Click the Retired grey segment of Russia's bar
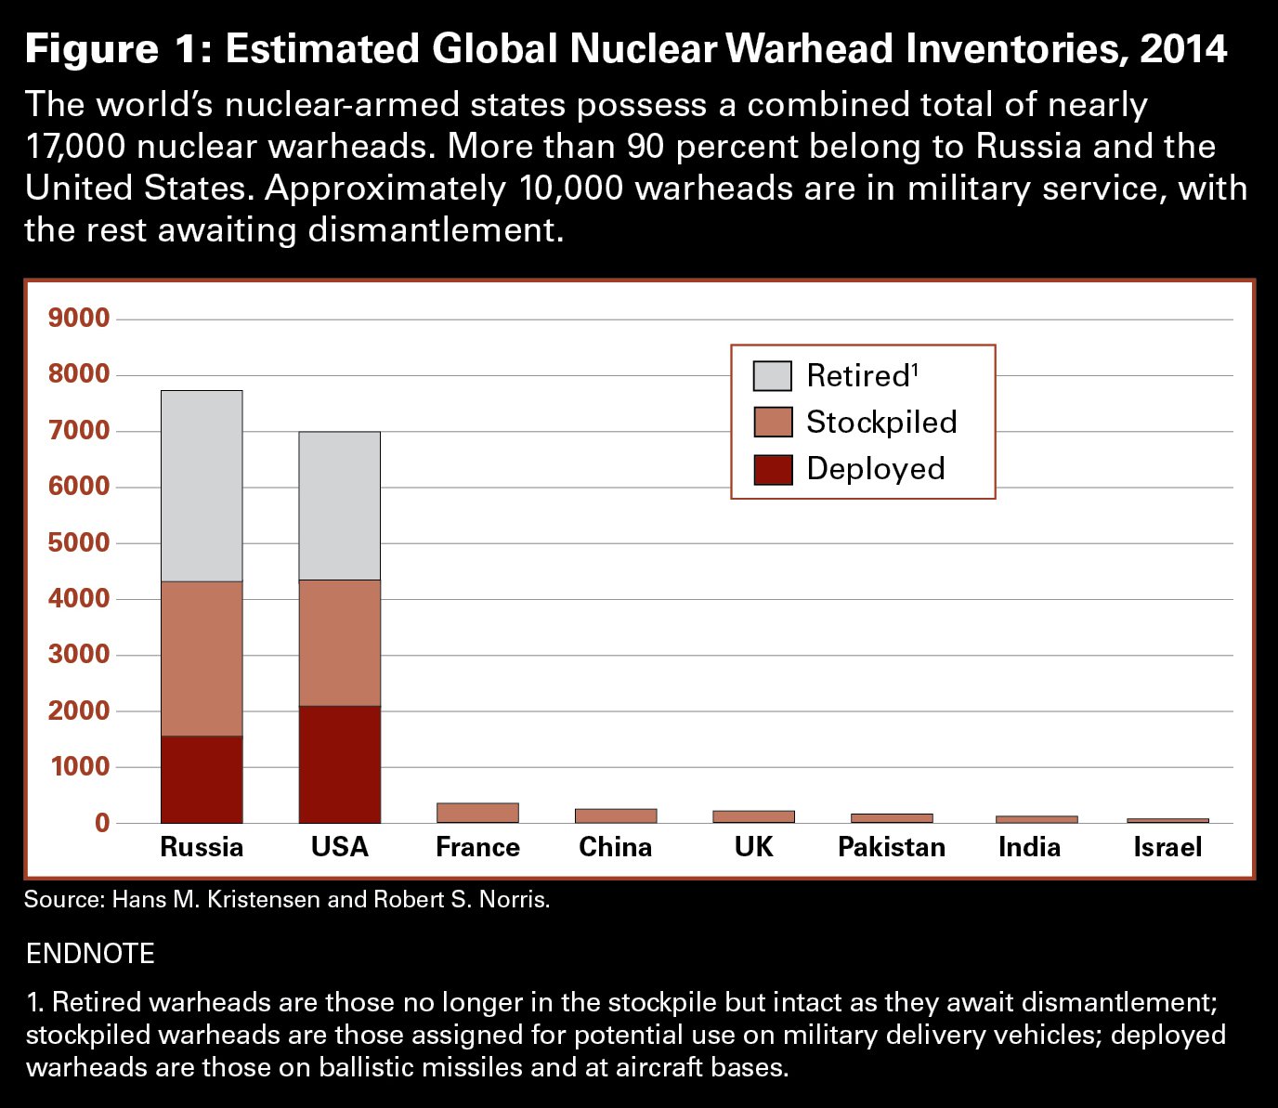[x=202, y=486]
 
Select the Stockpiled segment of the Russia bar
[x=202, y=658]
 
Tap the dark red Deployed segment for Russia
[x=202, y=779]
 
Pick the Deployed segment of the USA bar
[x=339, y=764]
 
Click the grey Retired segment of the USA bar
[x=339, y=506]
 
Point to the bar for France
[x=477, y=813]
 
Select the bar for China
[x=616, y=815]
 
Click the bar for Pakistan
[x=892, y=818]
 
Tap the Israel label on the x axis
[x=1167, y=847]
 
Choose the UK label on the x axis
[x=753, y=847]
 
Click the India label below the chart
[x=1029, y=847]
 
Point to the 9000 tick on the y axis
[x=79, y=319]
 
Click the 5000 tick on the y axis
[x=79, y=542]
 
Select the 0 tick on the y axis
[x=101, y=823]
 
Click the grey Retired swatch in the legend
[x=773, y=376]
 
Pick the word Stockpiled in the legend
[x=881, y=423]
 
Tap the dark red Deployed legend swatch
[x=773, y=469]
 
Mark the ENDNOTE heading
[x=90, y=954]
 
